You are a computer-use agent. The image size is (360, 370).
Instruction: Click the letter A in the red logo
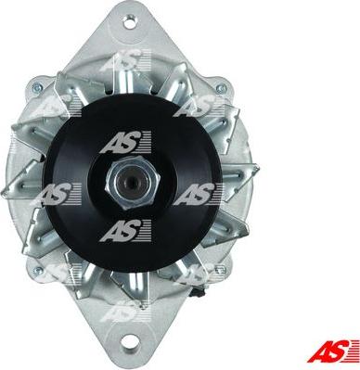click(x=326, y=350)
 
